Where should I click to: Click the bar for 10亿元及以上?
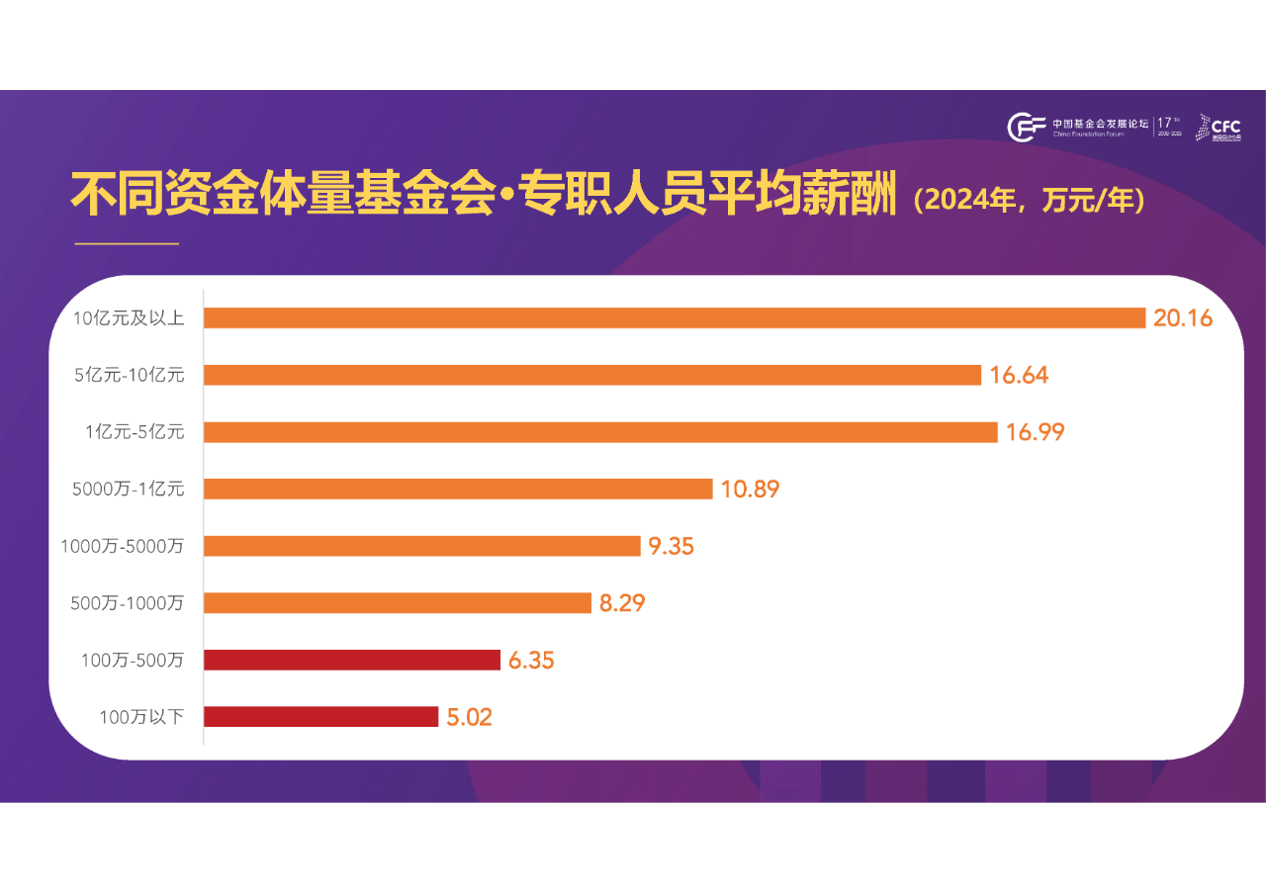pyautogui.click(x=674, y=317)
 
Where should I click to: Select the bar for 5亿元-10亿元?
pyautogui.click(x=591, y=375)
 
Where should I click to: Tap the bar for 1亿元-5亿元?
pyautogui.click(x=600, y=432)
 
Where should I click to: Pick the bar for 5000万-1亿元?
pyautogui.click(x=458, y=489)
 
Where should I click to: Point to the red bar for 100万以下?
pyautogui.click(x=320, y=717)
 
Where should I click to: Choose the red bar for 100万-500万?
pyautogui.click(x=351, y=660)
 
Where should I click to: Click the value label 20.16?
pyautogui.click(x=1183, y=317)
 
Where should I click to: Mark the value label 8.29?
pyautogui.click(x=622, y=603)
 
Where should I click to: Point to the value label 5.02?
pyautogui.click(x=469, y=717)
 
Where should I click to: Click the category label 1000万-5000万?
pyautogui.click(x=123, y=546)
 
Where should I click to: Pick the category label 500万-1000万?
pyautogui.click(x=128, y=603)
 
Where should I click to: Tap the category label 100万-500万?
pyautogui.click(x=133, y=660)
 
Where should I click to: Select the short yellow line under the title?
pyautogui.click(x=127, y=243)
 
